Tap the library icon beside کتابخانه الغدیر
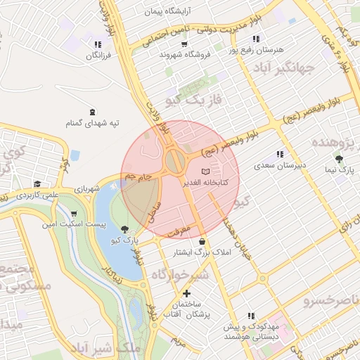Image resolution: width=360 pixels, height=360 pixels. (x=205, y=172)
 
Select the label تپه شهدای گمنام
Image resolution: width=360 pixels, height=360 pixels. (x=93, y=123)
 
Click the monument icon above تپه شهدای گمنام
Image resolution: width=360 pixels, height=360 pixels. (x=92, y=112)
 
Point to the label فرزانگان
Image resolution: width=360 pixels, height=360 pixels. (x=98, y=56)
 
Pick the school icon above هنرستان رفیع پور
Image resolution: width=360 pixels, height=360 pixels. (x=256, y=39)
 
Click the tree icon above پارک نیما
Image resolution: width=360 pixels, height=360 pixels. (x=340, y=160)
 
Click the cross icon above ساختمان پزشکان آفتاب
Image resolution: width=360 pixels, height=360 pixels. (x=186, y=293)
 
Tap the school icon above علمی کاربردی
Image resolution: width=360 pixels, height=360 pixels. (x=37, y=184)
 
